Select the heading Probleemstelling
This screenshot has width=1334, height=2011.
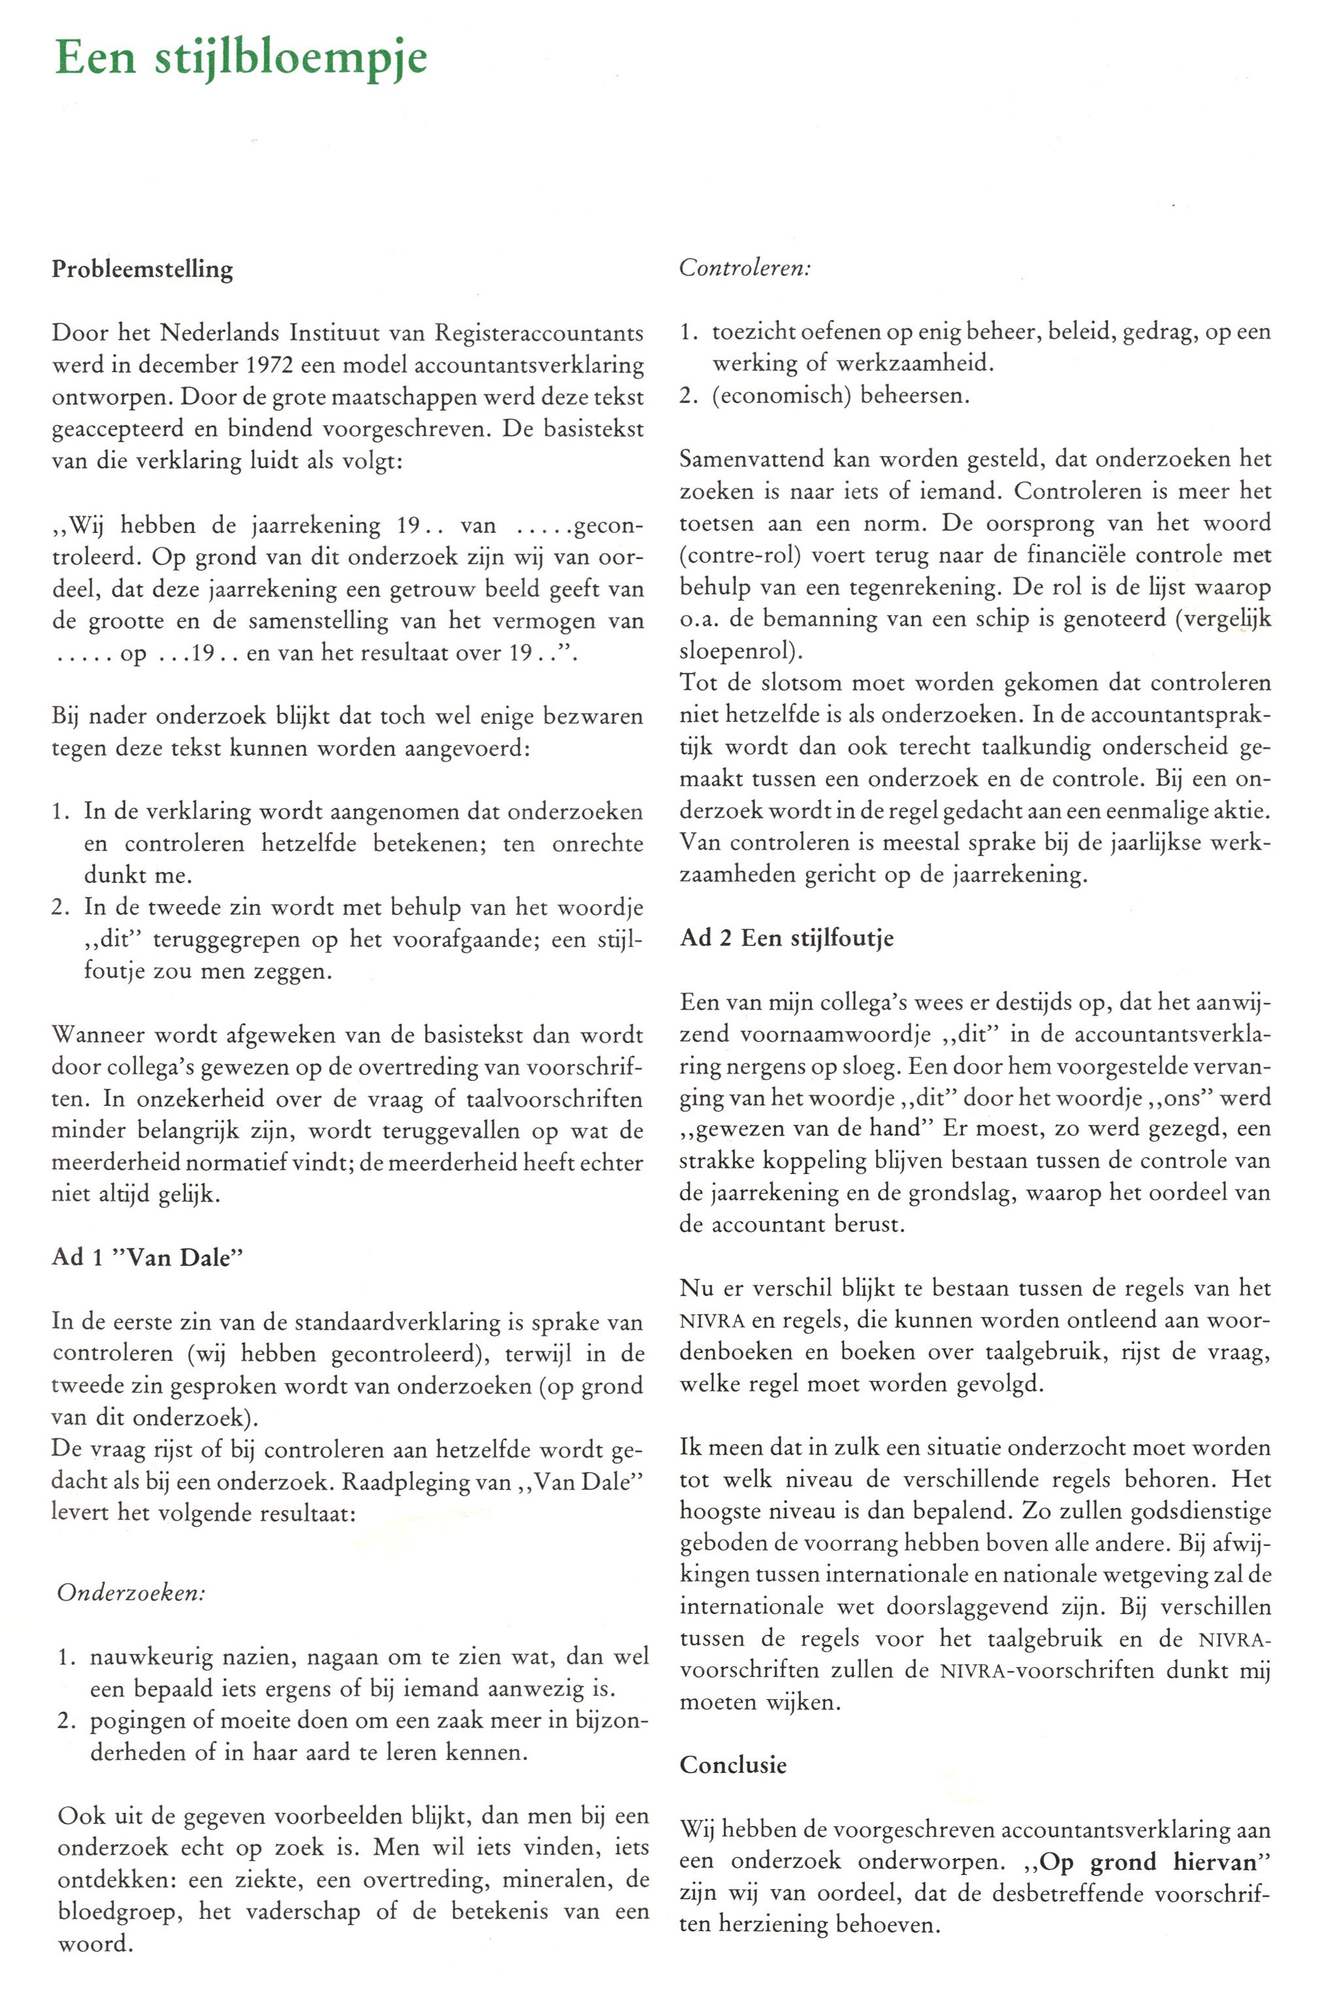pyautogui.click(x=142, y=269)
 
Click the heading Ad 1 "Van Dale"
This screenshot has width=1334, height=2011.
pyautogui.click(x=147, y=1258)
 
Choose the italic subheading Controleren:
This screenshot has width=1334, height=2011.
pyautogui.click(x=744, y=268)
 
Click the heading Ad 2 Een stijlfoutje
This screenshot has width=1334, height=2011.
pyautogui.click(x=786, y=938)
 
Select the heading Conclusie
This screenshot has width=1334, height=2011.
pyautogui.click(x=732, y=1765)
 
